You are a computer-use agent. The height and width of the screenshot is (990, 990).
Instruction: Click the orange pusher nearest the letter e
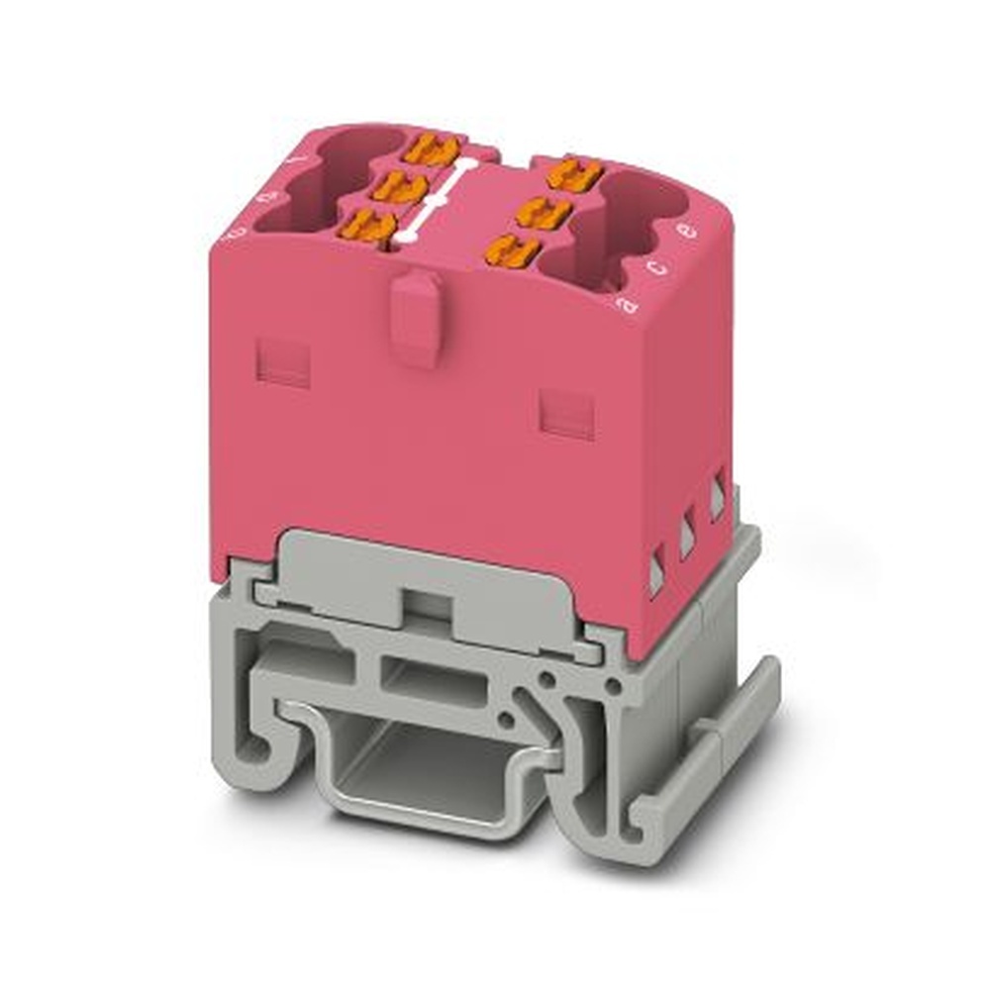coord(575,175)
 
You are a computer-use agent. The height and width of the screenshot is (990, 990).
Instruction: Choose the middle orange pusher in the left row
coord(399,186)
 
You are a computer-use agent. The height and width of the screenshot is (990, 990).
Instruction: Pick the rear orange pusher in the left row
coord(434,150)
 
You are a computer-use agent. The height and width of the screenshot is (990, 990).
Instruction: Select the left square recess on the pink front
coord(283,362)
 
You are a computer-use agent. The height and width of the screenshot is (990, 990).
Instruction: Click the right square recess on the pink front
coord(566,413)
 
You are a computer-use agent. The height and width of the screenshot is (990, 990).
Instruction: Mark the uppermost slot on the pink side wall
coord(717,501)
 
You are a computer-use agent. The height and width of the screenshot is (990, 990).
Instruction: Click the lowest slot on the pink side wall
coord(655,577)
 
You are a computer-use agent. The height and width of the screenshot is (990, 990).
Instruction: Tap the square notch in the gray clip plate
coord(423,607)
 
